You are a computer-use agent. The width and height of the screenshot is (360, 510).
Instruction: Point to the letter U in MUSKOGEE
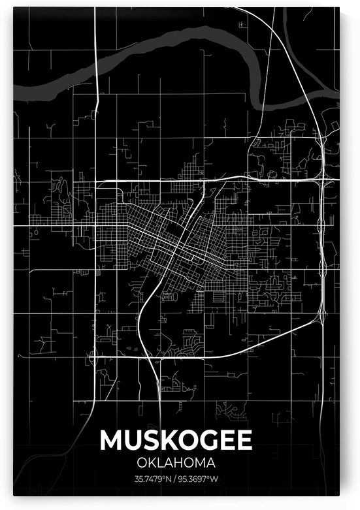(131, 440)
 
